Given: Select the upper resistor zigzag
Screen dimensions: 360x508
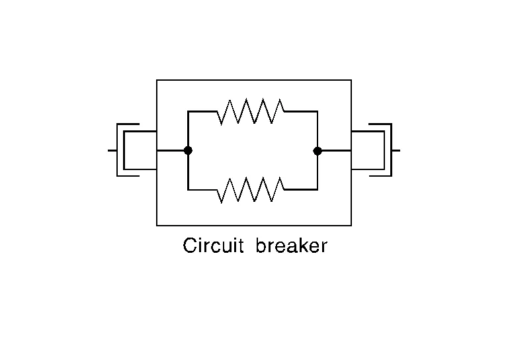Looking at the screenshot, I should [x=251, y=111].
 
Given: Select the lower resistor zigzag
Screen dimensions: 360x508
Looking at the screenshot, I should [x=251, y=190].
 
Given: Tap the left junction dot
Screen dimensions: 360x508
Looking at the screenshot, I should [x=188, y=151].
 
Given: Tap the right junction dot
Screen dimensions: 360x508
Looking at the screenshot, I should [x=317, y=151].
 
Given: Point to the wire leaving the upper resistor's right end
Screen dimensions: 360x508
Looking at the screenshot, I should [x=301, y=111].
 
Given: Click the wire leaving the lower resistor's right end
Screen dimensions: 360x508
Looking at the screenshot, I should [x=301, y=190].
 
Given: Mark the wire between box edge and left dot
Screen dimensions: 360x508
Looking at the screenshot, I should [x=172, y=151].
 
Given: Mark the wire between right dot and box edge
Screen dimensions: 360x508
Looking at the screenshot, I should [x=335, y=151].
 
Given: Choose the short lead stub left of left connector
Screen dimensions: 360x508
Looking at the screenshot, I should [x=112, y=151].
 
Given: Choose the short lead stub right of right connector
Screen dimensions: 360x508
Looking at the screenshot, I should [x=396, y=151].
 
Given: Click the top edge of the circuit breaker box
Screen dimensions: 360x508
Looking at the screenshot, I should [x=253, y=80].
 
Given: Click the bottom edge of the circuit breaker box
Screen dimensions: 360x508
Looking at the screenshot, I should [x=253, y=226].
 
